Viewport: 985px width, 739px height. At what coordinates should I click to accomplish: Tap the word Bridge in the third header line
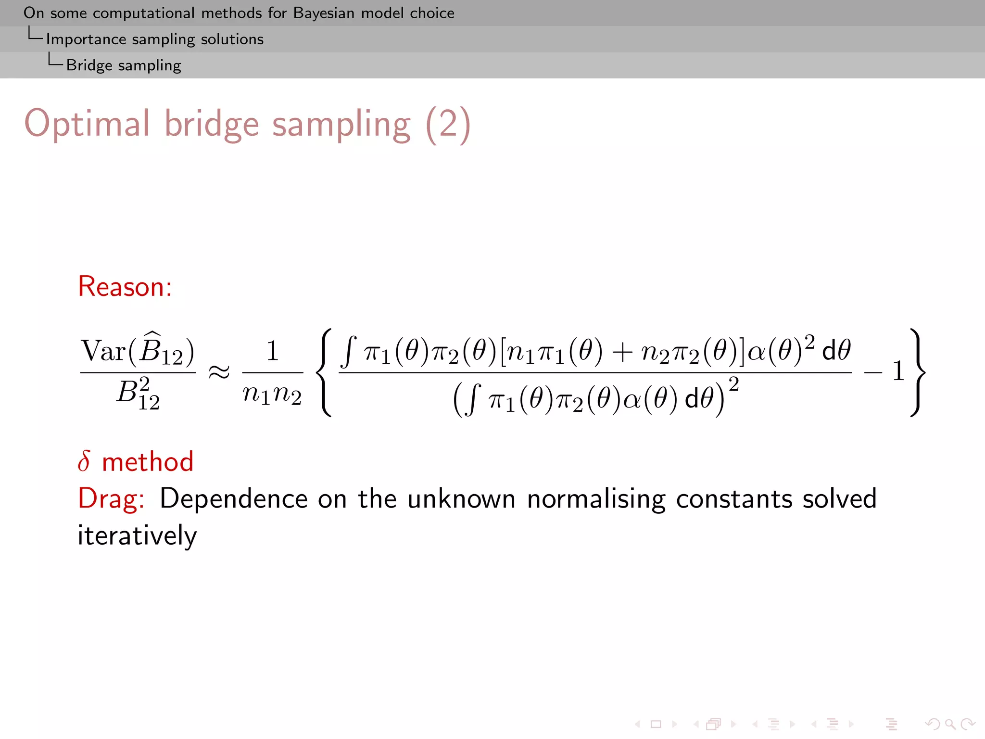(89, 65)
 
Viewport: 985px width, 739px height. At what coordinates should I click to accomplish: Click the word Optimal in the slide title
(87, 124)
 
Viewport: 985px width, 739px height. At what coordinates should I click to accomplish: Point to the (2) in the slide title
(448, 124)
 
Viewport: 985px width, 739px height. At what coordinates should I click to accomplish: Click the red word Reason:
(125, 287)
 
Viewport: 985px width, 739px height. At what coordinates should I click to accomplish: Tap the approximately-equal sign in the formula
(219, 372)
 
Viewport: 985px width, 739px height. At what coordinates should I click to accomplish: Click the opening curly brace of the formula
(326, 372)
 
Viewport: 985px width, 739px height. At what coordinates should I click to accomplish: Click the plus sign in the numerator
(622, 352)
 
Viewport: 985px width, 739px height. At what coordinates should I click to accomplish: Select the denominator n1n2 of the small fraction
(272, 395)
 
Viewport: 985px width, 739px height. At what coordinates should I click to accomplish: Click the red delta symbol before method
(84, 461)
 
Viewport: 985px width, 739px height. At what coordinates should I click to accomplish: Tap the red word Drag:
(111, 498)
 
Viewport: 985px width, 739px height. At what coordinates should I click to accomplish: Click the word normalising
(596, 498)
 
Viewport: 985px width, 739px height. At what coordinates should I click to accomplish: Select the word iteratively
(137, 535)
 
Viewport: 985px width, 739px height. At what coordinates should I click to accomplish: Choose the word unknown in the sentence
(461, 498)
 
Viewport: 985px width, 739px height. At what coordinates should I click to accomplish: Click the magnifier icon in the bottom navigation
(950, 724)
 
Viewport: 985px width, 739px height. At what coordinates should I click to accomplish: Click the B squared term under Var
(138, 394)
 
